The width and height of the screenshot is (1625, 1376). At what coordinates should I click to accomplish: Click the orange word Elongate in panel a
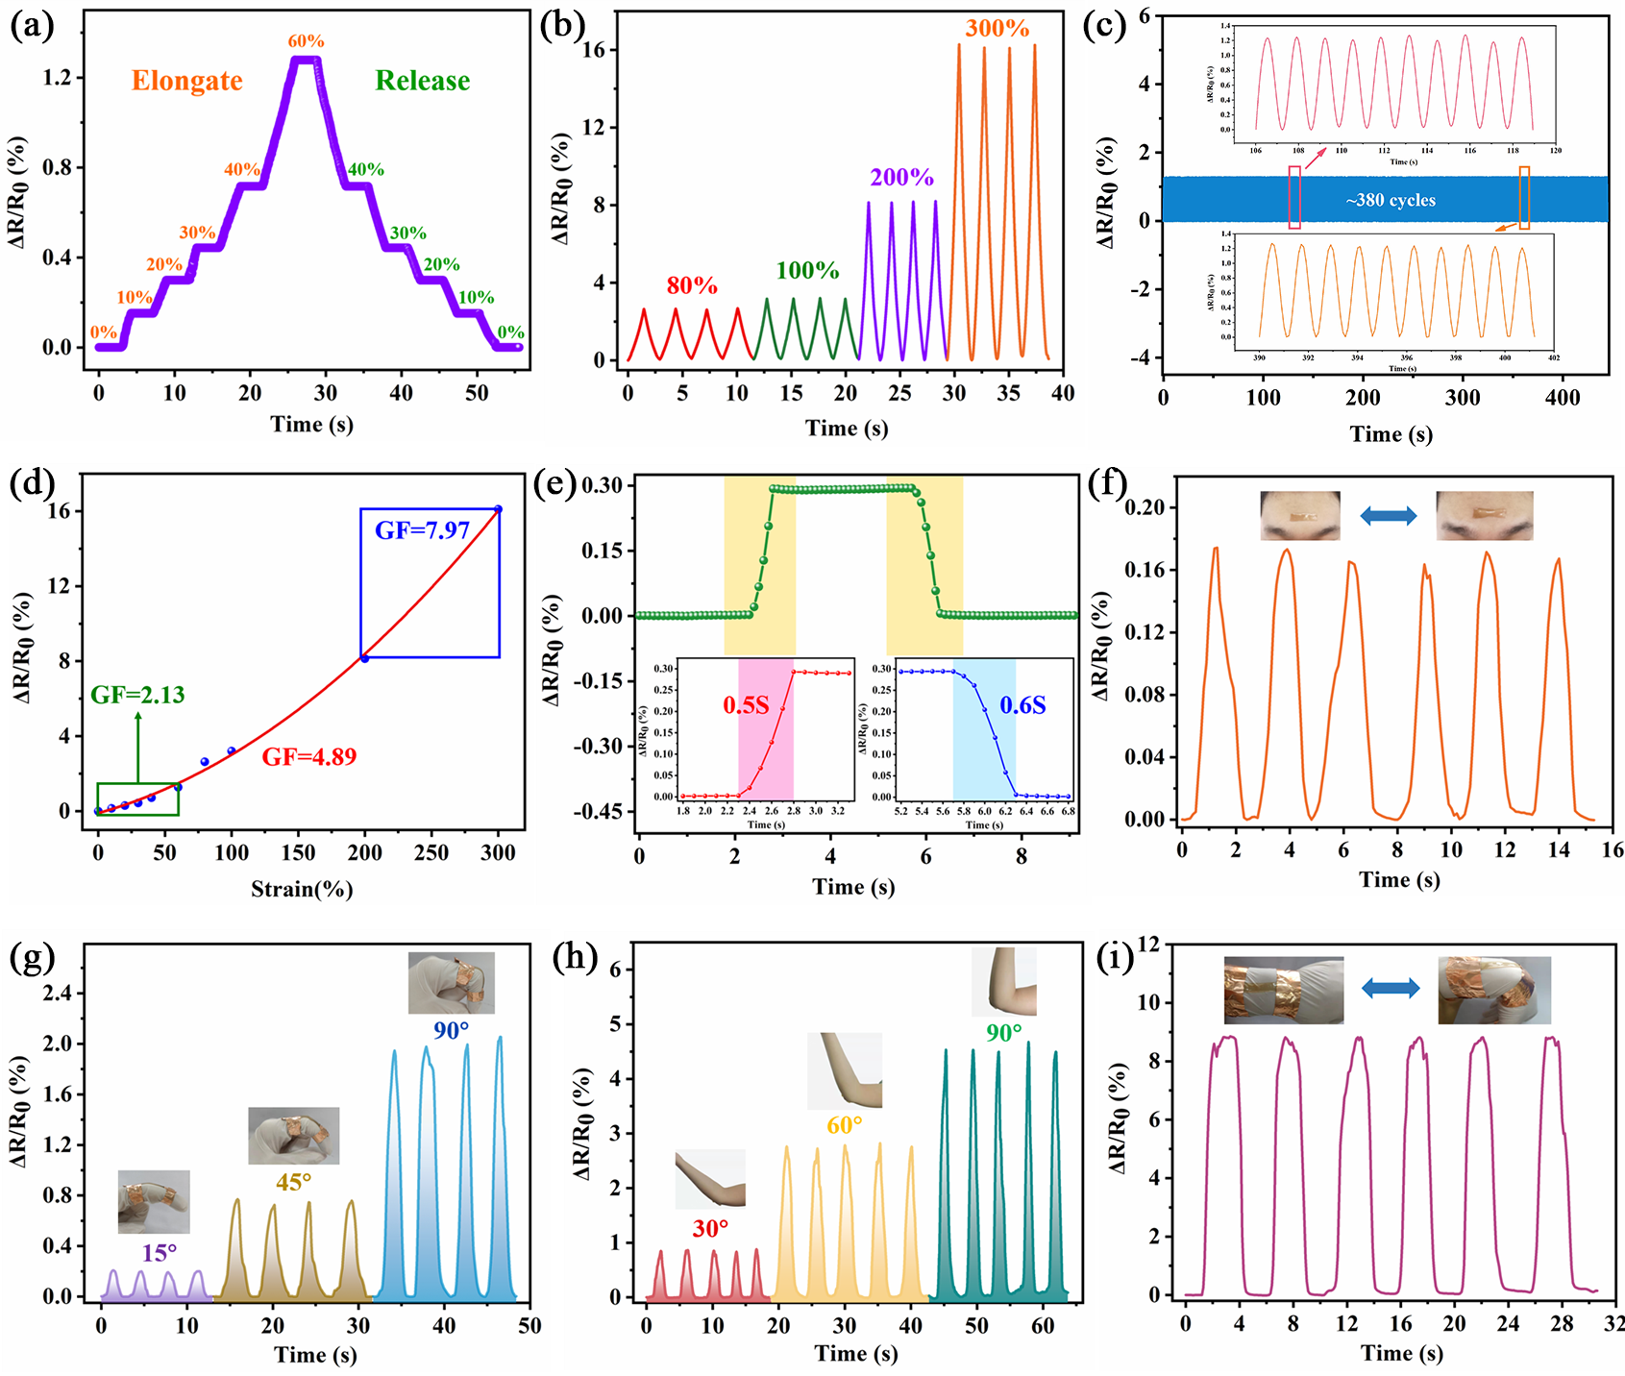[x=186, y=81]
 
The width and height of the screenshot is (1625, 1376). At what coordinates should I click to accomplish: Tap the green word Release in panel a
[x=422, y=81]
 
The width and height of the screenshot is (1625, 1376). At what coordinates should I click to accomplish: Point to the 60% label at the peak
[x=306, y=41]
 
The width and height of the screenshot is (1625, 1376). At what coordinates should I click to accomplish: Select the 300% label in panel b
[x=997, y=29]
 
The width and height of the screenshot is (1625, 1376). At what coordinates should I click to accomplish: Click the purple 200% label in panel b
[x=901, y=178]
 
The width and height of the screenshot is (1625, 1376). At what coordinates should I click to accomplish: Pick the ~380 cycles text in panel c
[x=1390, y=201]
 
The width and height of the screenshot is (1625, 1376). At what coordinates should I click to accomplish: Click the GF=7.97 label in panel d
[x=422, y=530]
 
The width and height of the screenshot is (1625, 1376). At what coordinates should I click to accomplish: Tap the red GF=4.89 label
[x=308, y=757]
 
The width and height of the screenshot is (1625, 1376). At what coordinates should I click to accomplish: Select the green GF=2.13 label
[x=137, y=695]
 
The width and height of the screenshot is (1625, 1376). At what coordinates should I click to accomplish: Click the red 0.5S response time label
[x=746, y=706]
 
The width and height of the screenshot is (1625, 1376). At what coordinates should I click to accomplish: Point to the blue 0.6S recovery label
[x=1022, y=706]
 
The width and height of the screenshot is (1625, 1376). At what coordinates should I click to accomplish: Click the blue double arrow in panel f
[x=1388, y=516]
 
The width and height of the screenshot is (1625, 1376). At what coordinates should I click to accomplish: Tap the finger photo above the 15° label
[x=154, y=1201]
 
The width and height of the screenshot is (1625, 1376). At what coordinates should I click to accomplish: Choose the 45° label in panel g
[x=293, y=1182]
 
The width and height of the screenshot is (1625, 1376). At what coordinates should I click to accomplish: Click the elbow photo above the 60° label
[x=844, y=1069]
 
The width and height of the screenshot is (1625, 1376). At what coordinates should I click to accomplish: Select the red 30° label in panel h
[x=710, y=1229]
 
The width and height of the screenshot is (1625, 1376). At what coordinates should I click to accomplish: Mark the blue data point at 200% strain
[x=364, y=658]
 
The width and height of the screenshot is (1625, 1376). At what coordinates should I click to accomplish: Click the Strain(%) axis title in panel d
[x=302, y=890]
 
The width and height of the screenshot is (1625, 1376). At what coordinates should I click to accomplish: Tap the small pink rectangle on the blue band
[x=1294, y=197]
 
